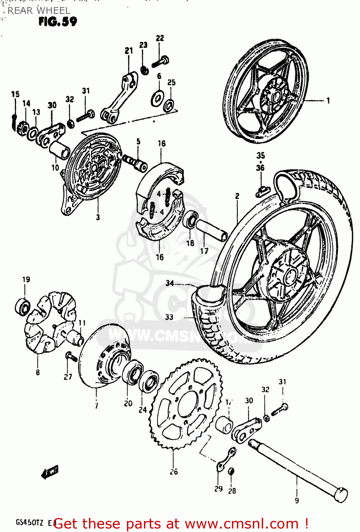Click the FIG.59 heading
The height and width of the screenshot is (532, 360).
(58, 21)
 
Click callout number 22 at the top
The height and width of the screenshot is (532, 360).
(160, 38)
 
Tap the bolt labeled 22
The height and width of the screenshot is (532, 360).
(161, 62)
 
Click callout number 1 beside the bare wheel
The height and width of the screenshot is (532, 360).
(328, 100)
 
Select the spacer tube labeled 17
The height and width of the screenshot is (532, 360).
(211, 231)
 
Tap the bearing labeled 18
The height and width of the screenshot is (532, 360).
(190, 220)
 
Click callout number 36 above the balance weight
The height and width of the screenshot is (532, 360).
(260, 167)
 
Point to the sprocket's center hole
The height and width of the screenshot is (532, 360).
(188, 404)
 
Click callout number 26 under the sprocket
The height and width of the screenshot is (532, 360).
(173, 471)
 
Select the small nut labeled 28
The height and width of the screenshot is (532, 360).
(231, 471)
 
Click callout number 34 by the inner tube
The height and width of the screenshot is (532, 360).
(170, 283)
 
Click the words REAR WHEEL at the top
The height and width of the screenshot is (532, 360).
(39, 11)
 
